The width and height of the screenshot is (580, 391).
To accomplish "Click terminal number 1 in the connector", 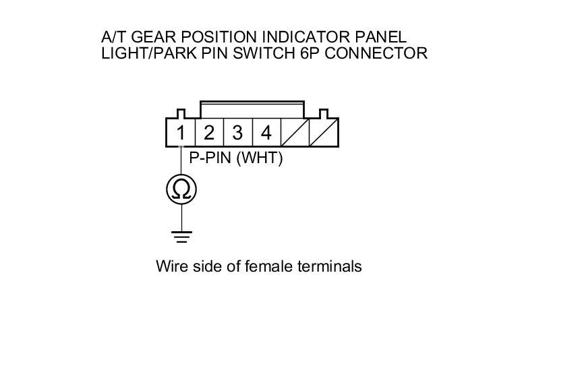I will click(x=181, y=133).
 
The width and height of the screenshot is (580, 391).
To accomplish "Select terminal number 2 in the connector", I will click(x=209, y=133).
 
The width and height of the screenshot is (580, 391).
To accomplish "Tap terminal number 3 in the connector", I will click(x=237, y=133).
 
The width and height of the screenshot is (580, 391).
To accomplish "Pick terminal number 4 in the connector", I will click(x=266, y=133).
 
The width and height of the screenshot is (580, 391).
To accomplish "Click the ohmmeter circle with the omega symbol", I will click(x=181, y=190).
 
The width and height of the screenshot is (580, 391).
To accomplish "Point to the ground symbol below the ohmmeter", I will click(x=181, y=236).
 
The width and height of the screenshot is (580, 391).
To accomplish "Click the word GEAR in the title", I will click(x=145, y=36).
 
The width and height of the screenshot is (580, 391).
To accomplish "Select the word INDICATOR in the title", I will click(x=305, y=36).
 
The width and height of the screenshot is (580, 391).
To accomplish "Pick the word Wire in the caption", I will click(x=171, y=266).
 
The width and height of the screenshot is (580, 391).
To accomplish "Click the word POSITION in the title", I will click(x=210, y=36).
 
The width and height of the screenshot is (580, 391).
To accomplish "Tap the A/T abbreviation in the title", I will click(x=111, y=36).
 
